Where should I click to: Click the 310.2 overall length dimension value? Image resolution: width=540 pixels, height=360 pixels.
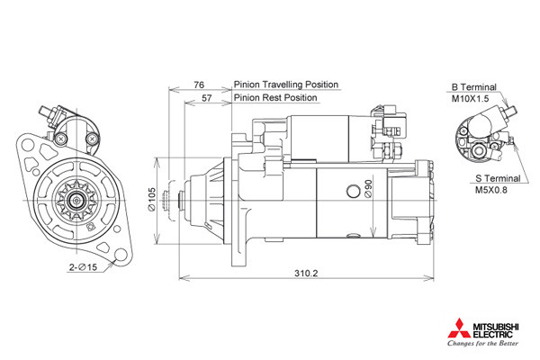pyautogui.click(x=306, y=274)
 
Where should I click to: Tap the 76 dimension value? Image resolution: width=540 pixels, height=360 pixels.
pyautogui.click(x=199, y=85)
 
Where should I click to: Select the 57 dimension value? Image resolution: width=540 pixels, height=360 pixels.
pyautogui.click(x=207, y=98)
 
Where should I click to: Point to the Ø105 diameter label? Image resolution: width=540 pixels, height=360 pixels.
pyautogui.click(x=151, y=199)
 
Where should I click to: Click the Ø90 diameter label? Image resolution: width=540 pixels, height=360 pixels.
pyautogui.click(x=368, y=189)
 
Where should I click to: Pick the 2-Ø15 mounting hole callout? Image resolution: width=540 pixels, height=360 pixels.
pyautogui.click(x=84, y=267)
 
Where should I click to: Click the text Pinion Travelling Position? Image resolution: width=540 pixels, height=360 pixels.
pyautogui.click(x=286, y=85)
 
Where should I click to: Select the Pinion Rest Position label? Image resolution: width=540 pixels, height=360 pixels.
pyautogui.click(x=275, y=98)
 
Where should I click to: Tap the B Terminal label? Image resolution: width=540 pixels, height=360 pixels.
pyautogui.click(x=473, y=87)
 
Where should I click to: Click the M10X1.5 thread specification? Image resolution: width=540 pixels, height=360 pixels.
pyautogui.click(x=470, y=99)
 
